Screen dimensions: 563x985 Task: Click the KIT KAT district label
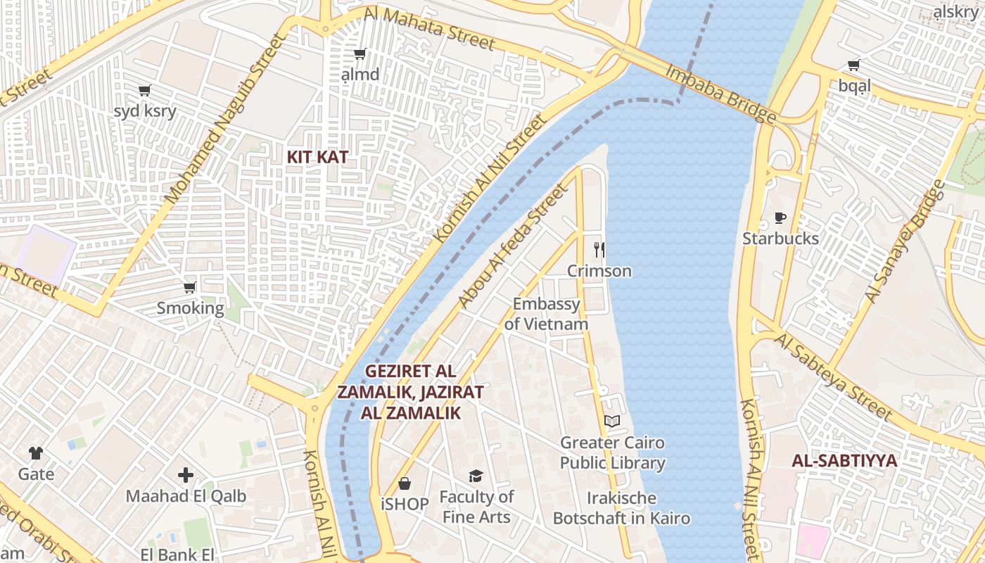click(317, 157)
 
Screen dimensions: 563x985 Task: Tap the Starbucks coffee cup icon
click(780, 217)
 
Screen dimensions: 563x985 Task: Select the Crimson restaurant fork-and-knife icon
click(599, 249)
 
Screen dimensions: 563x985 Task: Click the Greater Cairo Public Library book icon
click(612, 421)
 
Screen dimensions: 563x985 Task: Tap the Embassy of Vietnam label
click(547, 314)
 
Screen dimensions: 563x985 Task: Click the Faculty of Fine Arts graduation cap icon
click(476, 476)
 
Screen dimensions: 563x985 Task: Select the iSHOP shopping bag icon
click(405, 483)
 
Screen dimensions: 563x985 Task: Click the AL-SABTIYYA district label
click(844, 461)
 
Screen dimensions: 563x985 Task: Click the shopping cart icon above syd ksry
click(145, 90)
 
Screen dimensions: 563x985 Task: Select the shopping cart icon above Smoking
click(189, 287)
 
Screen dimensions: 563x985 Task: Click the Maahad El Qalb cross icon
click(186, 475)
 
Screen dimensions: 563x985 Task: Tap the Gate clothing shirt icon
click(36, 453)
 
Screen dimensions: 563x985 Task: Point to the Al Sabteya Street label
click(833, 378)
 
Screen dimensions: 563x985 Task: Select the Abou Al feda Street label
click(511, 246)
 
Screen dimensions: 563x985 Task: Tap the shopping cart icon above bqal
click(854, 65)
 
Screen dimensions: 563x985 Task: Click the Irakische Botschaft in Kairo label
click(621, 509)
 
